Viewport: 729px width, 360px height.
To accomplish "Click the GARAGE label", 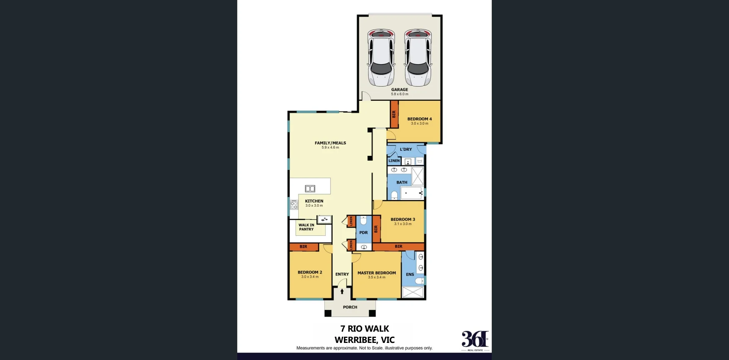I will (399, 90).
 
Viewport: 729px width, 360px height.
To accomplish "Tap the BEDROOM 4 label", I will (419, 119).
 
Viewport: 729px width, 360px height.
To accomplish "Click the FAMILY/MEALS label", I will (330, 143).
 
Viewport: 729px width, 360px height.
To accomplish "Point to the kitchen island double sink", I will (310, 188).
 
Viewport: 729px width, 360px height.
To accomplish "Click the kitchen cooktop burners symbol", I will (294, 205).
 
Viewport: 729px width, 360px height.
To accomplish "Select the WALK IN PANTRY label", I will (306, 227).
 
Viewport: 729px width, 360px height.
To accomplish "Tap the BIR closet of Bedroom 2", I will (303, 247).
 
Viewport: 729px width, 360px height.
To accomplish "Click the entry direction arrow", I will (342, 292).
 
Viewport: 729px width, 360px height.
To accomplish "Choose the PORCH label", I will (350, 307).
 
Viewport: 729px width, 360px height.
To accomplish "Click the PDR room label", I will (363, 232).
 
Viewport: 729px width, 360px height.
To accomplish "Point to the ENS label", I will (410, 274).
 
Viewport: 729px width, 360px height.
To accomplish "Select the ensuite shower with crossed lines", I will (413, 292).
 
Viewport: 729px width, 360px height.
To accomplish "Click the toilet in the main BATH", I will (394, 195).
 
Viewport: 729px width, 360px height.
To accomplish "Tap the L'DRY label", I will (406, 149).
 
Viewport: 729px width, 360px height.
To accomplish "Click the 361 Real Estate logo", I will (475, 340).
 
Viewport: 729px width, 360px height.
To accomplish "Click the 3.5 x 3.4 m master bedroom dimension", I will (376, 277).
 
